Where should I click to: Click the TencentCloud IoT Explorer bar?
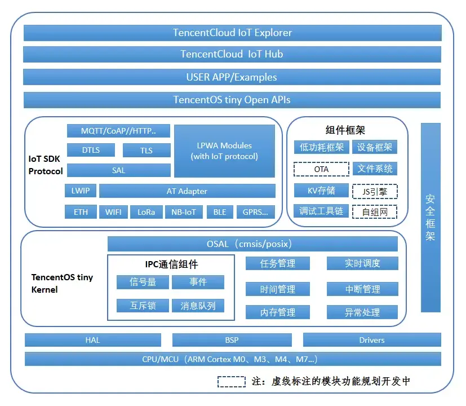pos(232,33)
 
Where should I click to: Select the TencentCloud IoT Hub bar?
pos(232,55)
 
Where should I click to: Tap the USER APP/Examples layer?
pos(232,77)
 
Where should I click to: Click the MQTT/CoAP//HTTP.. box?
pos(118,131)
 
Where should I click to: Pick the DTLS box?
pos(91,150)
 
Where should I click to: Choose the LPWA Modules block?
pos(224,151)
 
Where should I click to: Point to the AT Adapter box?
pos(187,191)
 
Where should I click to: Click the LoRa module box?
pos(146,212)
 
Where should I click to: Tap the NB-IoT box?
pos(183,212)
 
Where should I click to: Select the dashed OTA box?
pos(321,169)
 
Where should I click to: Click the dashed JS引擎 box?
pos(375,191)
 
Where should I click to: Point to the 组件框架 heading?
pos(345,130)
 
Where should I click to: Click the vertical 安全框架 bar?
pos(431,217)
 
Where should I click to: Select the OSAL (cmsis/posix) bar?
pos(252,244)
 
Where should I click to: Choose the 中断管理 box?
pos(362,289)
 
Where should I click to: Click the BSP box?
pos(232,340)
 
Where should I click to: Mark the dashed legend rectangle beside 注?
pos(232,381)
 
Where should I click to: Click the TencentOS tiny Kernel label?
pos(62,283)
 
